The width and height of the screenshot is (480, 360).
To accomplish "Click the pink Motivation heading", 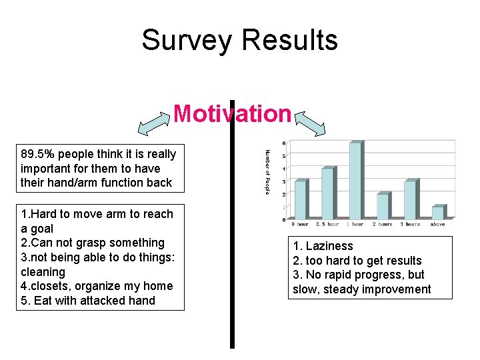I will [233, 114].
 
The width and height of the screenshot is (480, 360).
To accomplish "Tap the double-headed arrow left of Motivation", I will [154, 122].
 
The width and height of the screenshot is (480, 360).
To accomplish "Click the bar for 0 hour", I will [301, 199].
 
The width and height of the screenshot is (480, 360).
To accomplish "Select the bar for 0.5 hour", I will [327, 193].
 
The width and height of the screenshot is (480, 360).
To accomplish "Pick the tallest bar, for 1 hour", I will [355, 181].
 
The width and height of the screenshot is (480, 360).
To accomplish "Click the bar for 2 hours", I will [383, 206].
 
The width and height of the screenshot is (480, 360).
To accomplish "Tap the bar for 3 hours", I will [410, 199].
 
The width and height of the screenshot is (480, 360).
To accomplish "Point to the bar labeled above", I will [437, 212].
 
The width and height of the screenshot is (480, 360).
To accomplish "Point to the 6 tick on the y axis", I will [285, 143].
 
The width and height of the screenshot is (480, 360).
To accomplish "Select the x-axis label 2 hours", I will [383, 225].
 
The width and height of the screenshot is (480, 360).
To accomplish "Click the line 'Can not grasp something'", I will [93, 243].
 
